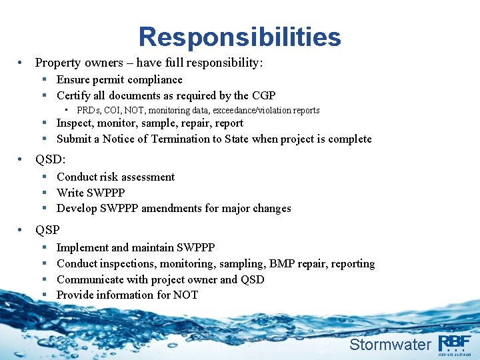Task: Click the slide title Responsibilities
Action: (239, 37)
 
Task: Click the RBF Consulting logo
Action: (455, 343)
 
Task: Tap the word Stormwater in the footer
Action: (390, 344)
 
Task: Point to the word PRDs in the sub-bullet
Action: (87, 110)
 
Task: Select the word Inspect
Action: (75, 123)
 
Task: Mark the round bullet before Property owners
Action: (23, 63)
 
